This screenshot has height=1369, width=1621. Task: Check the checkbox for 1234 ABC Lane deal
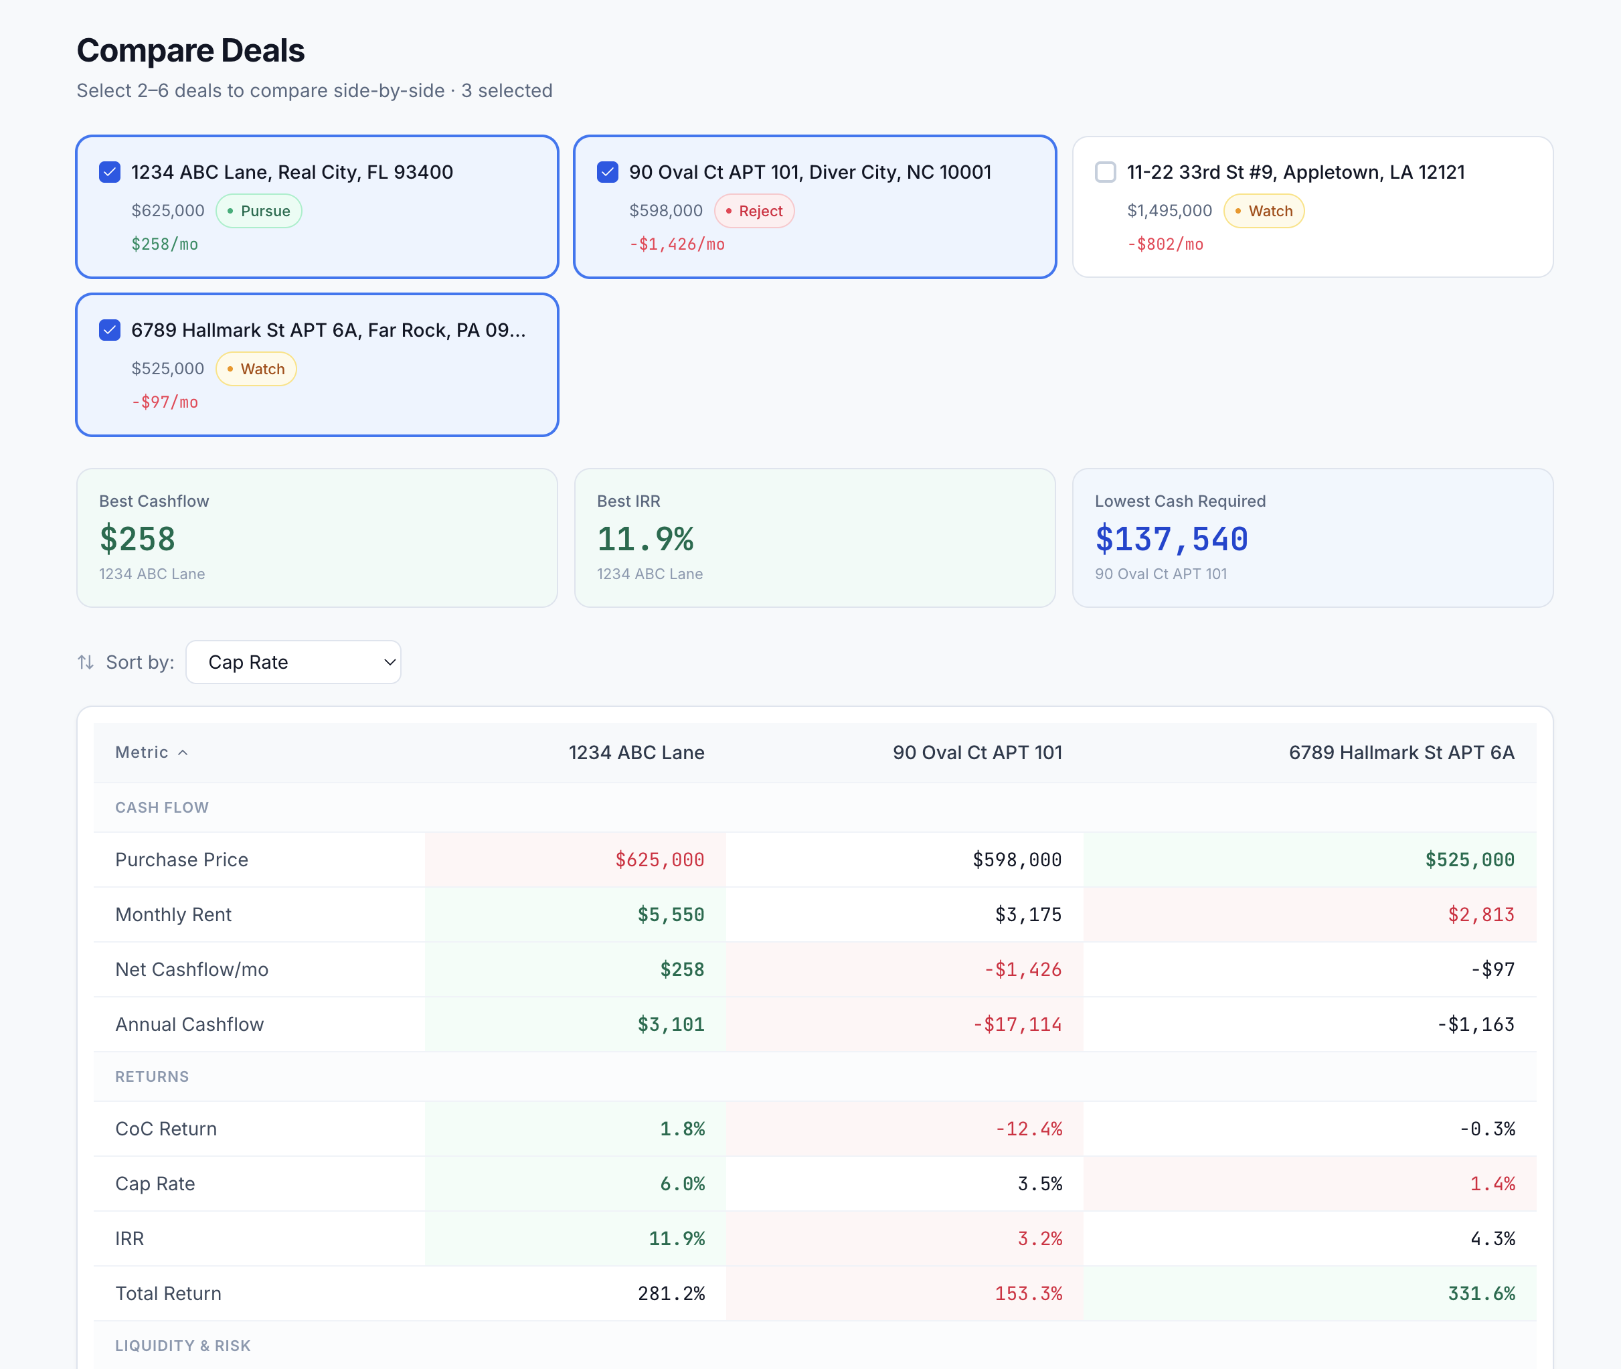pos(109,172)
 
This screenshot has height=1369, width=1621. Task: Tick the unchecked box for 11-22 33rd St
pos(1105,172)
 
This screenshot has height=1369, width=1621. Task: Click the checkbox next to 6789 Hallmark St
pos(109,331)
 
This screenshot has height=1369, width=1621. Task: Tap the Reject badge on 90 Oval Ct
pos(754,211)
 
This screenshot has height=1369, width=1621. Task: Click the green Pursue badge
pos(258,211)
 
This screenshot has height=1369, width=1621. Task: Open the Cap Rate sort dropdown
pos(293,662)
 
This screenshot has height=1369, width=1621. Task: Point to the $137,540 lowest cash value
pos(1171,539)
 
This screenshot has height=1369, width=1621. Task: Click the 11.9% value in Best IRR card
pos(645,539)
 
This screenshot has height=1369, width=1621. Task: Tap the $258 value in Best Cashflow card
pos(137,539)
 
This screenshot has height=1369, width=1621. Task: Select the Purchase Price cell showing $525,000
pos(1469,860)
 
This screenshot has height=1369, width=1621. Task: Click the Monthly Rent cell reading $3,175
pos(1027,915)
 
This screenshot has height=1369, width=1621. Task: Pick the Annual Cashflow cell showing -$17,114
pos(1017,1024)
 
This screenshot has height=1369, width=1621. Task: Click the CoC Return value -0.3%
pos(1486,1129)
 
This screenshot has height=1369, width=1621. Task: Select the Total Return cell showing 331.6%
pos(1480,1294)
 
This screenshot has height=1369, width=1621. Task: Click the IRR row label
pos(130,1238)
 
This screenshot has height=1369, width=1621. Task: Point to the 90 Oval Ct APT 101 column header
pos(976,752)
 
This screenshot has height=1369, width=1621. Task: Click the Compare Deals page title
pos(191,50)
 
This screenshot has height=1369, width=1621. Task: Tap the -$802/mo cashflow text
pos(1165,244)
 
